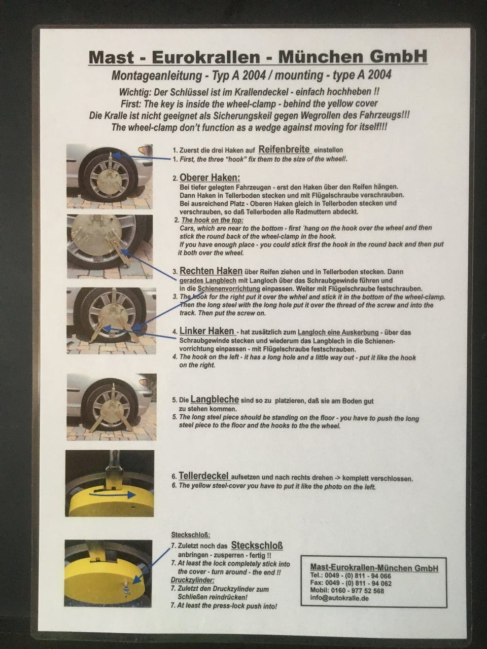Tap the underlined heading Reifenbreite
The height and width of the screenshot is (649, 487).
click(285, 149)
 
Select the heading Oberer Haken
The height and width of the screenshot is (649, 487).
click(210, 177)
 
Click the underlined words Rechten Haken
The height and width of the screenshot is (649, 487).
click(211, 271)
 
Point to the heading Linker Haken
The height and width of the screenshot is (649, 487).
click(207, 331)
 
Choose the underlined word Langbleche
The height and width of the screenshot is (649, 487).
click(215, 399)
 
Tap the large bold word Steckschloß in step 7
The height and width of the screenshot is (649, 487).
click(257, 545)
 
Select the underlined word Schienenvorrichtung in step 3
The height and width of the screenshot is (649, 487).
click(229, 289)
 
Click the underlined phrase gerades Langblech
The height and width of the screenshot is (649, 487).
click(208, 280)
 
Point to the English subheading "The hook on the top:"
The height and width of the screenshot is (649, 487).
click(213, 220)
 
